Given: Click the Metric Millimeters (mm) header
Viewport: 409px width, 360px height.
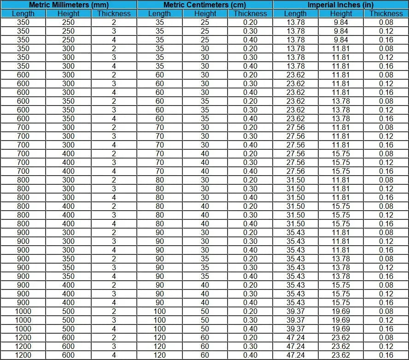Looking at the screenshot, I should coord(68,5).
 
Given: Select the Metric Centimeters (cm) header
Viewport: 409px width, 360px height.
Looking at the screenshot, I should coord(204,5).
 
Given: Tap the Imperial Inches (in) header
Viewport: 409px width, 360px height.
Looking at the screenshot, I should coord(341,5).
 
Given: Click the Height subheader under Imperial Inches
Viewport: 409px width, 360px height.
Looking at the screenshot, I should coord(341,13).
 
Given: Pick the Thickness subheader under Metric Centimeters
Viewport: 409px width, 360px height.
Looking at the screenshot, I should coord(250,13).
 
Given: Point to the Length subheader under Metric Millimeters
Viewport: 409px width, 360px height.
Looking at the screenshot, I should coord(23,13).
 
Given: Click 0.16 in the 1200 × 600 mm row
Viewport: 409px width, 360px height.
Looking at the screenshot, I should coord(386,355).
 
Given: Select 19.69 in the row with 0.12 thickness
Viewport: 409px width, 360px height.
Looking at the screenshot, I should coord(341,320).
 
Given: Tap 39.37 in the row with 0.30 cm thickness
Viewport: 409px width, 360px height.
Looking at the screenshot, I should coord(296,320).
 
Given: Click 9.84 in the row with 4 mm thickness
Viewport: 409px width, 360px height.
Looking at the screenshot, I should coord(341,40).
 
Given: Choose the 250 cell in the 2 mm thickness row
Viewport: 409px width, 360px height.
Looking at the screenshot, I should coord(68,22).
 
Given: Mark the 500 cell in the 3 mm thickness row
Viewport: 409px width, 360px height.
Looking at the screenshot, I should coord(68,320).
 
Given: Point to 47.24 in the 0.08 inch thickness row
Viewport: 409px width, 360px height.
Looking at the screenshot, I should coord(296,337).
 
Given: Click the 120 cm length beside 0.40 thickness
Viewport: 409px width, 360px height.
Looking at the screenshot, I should coord(159,355).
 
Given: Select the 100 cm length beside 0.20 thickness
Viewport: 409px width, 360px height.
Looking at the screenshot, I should coord(159,311).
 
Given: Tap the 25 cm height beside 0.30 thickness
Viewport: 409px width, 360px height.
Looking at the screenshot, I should coord(204,31).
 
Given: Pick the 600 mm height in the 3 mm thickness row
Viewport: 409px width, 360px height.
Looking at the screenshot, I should coord(68,346).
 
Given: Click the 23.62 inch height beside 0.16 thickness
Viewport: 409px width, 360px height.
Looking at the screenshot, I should coord(341,355).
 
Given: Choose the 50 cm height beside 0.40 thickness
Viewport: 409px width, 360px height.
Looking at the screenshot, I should coord(204,329).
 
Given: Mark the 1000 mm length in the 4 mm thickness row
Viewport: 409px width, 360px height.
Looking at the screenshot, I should coord(23,329).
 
